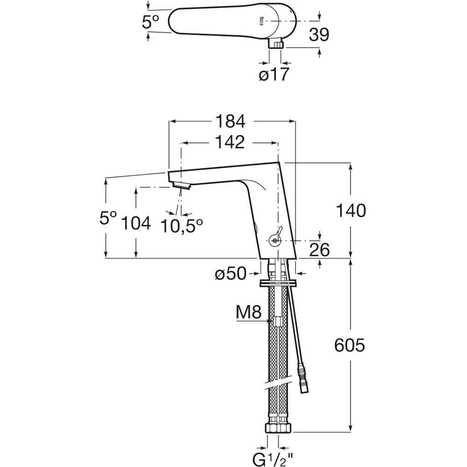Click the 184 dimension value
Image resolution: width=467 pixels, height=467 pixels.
(x=230, y=121)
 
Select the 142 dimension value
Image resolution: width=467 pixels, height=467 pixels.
(x=230, y=142)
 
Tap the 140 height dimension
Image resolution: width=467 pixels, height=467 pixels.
(x=351, y=211)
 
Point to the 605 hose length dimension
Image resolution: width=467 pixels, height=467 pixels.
(x=350, y=346)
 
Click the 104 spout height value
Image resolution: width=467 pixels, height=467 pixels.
(x=136, y=223)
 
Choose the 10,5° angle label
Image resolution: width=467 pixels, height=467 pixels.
(x=182, y=226)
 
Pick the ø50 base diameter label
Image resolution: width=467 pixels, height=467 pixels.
(x=231, y=274)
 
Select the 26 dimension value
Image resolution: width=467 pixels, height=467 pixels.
(x=319, y=250)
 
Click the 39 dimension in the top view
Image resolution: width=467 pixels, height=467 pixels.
(x=319, y=34)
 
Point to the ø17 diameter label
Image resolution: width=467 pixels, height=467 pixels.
(x=275, y=74)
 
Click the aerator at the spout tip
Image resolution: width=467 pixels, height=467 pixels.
(x=183, y=185)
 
